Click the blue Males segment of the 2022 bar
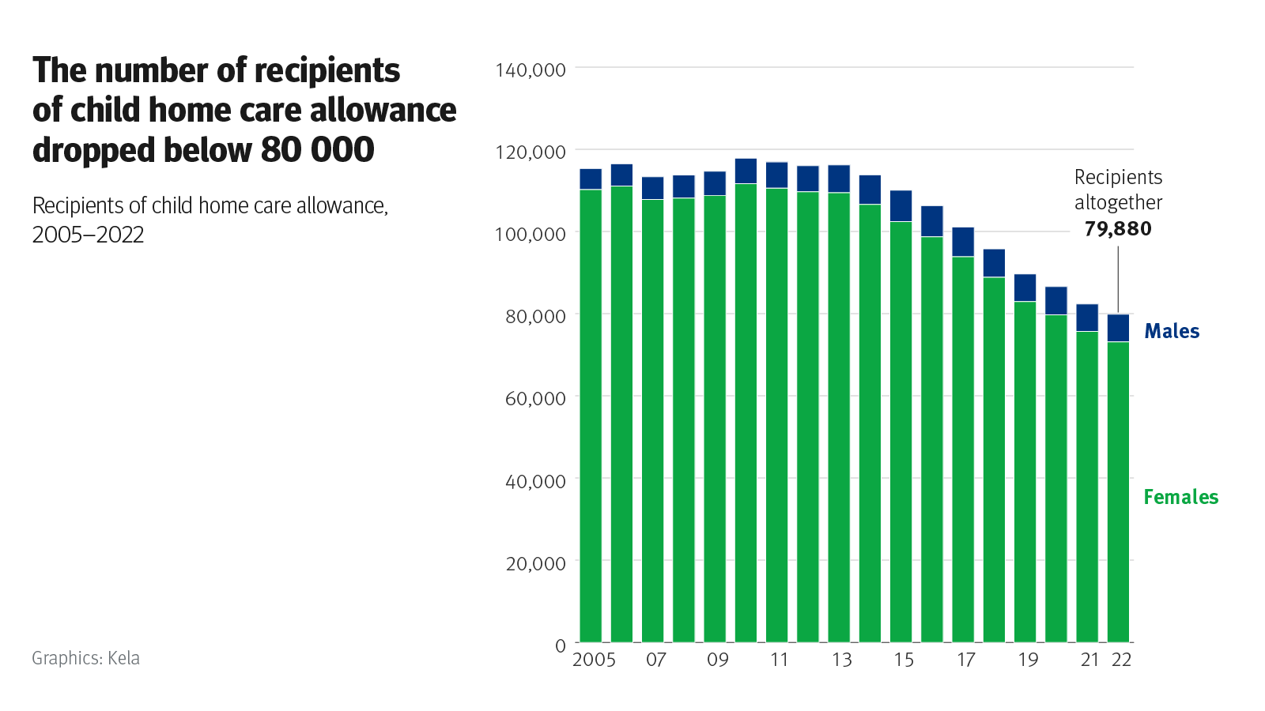(1118, 328)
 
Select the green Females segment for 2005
(591, 415)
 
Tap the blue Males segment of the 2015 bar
(901, 205)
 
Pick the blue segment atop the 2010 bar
(746, 171)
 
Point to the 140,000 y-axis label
(531, 70)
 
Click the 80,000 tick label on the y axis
(535, 317)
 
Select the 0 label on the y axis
(560, 645)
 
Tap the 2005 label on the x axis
(594, 660)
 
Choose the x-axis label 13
(841, 660)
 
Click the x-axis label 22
(1121, 660)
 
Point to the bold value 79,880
(1118, 229)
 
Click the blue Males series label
(1172, 331)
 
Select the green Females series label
(1180, 497)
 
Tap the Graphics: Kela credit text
(85, 658)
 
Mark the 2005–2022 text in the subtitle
(88, 235)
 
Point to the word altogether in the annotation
(1118, 203)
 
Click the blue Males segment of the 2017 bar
(962, 242)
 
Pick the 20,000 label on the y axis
(535, 563)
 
